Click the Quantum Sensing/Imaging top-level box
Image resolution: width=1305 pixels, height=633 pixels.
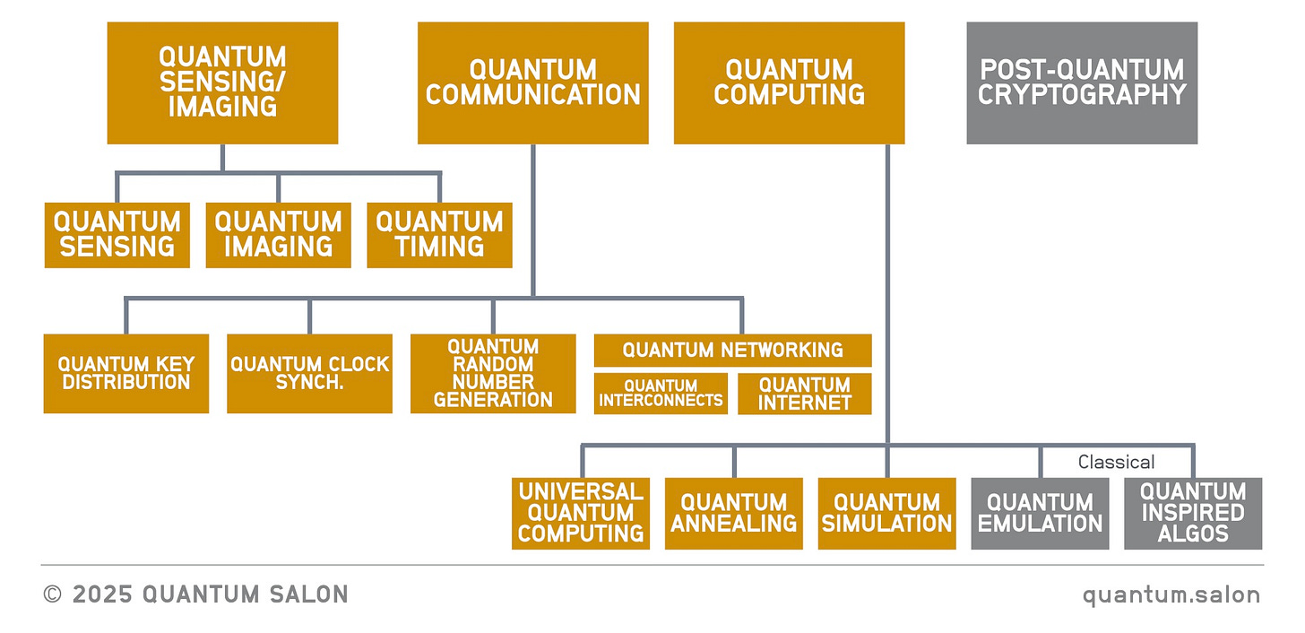click(222, 82)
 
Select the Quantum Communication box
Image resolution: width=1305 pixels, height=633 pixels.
click(532, 82)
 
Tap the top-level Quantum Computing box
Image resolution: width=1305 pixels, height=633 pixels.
click(789, 82)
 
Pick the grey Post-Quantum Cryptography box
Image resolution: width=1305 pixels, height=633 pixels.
click(1082, 82)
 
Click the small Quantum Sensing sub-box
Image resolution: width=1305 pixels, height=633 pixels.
click(117, 235)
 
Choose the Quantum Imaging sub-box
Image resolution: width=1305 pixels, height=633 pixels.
click(278, 235)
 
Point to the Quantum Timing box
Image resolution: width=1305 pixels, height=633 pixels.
click(439, 235)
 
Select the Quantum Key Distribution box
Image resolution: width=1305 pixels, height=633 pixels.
click(125, 374)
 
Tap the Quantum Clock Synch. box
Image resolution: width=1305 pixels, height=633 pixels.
click(309, 374)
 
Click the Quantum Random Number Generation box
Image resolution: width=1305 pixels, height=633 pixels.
click(493, 374)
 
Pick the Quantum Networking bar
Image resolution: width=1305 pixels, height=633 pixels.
click(732, 350)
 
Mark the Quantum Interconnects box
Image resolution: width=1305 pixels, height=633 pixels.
click(661, 394)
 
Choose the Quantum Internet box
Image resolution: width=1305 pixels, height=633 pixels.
click(804, 394)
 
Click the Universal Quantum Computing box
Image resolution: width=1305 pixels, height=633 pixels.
click(581, 513)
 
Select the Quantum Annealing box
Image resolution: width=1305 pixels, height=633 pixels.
click(733, 513)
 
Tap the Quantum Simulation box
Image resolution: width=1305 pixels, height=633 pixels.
click(886, 513)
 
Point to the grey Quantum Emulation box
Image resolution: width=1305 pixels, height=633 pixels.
click(1040, 513)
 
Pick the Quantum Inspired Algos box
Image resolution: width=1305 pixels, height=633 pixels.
click(1193, 513)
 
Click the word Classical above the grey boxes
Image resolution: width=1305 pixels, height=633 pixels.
click(1116, 462)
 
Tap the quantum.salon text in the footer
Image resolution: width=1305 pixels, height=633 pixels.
click(1171, 594)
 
